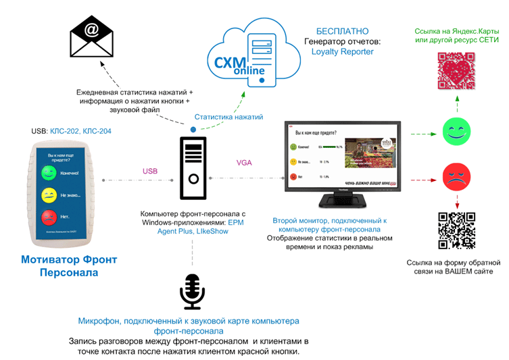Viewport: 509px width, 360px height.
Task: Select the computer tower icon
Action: [x=193, y=168]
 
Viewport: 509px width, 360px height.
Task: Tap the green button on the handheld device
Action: [x=48, y=173]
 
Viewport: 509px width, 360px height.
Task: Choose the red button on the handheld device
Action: [x=48, y=217]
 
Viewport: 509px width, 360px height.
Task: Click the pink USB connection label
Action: [x=150, y=171]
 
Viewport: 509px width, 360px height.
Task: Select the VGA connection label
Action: [x=244, y=162]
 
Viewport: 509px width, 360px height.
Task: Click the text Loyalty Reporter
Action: [x=342, y=51]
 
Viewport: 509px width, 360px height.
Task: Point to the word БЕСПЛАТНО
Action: [x=342, y=31]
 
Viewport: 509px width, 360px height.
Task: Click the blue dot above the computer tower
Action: [x=193, y=128]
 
